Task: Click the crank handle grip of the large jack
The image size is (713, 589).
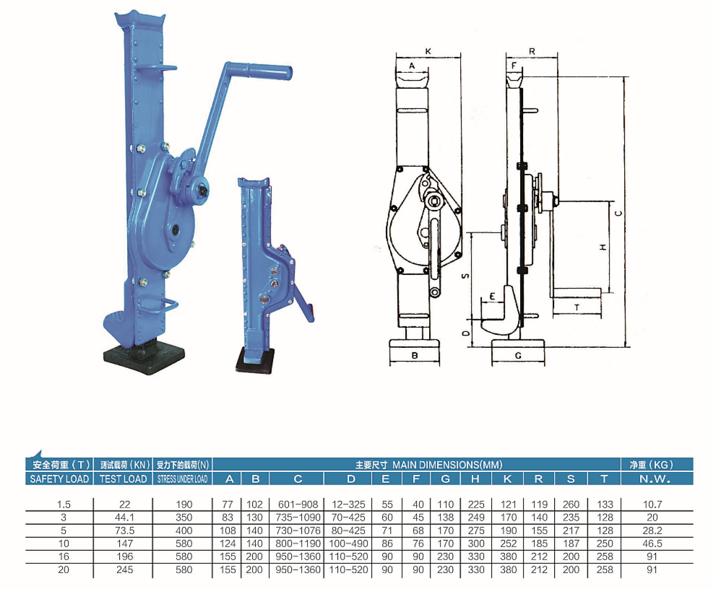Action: pyautogui.click(x=269, y=71)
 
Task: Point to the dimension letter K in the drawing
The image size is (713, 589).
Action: pyautogui.click(x=428, y=51)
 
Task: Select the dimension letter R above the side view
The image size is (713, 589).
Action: pyautogui.click(x=532, y=51)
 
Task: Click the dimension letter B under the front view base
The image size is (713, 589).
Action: pyautogui.click(x=414, y=355)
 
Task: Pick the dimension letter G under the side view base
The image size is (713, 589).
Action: pyautogui.click(x=518, y=355)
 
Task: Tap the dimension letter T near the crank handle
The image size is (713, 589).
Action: pyautogui.click(x=576, y=307)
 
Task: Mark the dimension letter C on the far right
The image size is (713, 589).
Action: pyautogui.click(x=618, y=213)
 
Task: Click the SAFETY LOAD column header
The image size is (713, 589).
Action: pyautogui.click(x=59, y=479)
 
